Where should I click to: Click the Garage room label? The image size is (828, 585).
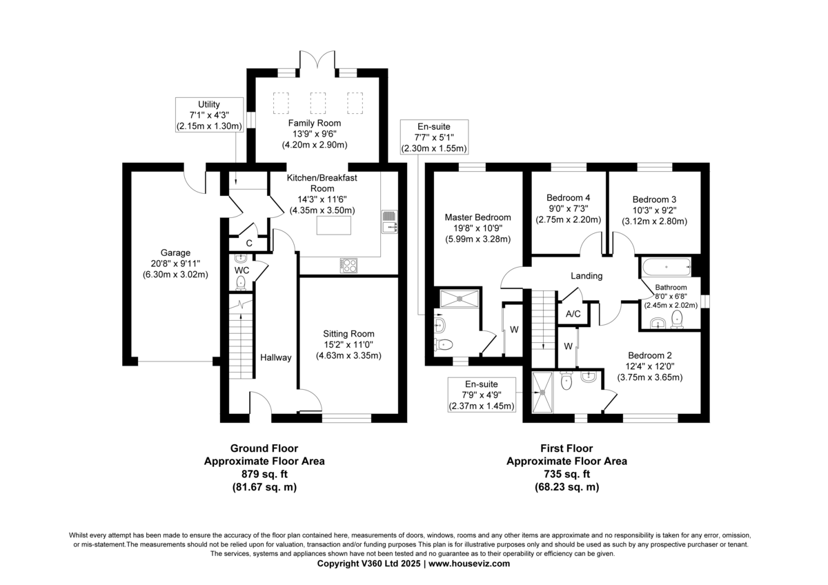tap(175, 252)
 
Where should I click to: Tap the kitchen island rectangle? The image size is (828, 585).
tap(334, 226)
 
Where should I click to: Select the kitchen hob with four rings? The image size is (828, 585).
tap(348, 266)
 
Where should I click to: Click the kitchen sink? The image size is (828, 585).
tap(390, 221)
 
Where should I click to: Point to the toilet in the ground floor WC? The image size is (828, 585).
tap(241, 283)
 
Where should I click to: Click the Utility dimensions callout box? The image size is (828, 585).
tap(209, 115)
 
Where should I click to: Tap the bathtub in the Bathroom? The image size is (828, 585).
tap(666, 267)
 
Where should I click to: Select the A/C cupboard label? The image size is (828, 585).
tap(573, 314)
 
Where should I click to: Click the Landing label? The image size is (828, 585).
tap(586, 276)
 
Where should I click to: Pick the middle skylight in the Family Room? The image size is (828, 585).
tap(318, 103)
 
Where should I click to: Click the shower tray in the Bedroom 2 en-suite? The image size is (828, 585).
tap(542, 392)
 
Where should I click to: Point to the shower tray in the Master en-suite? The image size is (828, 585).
tap(460, 298)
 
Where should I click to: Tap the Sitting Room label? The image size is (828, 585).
tap(348, 334)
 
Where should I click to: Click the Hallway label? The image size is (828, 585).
tap(276, 357)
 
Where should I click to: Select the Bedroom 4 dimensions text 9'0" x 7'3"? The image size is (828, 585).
tap(569, 208)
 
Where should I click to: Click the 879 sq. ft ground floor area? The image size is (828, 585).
tap(265, 474)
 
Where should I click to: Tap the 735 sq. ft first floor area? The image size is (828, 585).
tap(566, 474)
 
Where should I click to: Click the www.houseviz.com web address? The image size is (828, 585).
tap(469, 564)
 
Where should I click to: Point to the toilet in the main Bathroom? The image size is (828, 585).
tap(677, 319)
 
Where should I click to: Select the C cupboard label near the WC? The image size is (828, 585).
tap(249, 243)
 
